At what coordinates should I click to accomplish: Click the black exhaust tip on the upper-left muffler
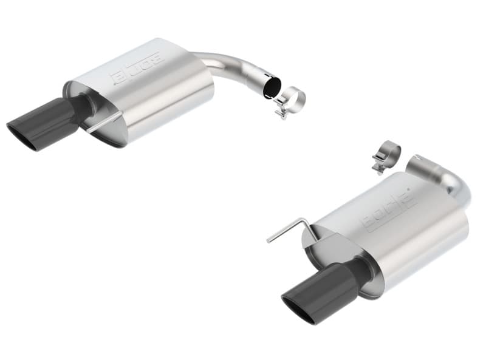[x=46, y=121]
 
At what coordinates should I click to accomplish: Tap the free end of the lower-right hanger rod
[x=268, y=241]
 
